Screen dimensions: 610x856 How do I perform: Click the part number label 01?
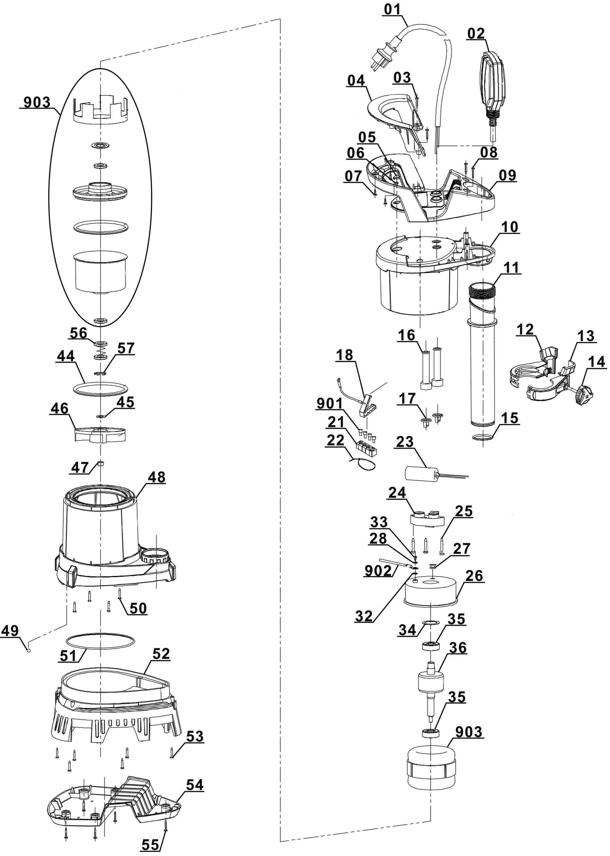[392, 9]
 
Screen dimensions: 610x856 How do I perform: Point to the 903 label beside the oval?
[37, 102]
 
